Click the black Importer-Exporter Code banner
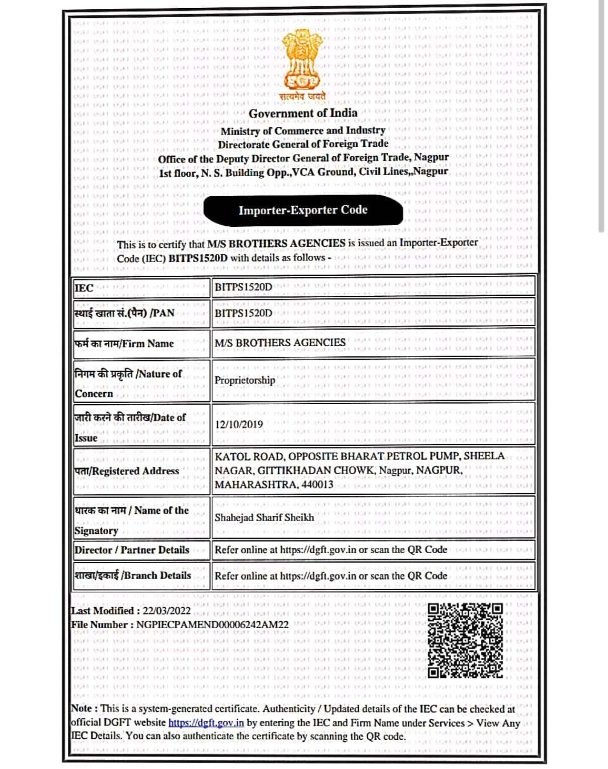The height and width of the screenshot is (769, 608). pos(303,210)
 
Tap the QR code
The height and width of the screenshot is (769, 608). pos(465,641)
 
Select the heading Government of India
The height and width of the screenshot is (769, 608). pos(303,113)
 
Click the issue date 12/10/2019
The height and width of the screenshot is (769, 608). pos(239,425)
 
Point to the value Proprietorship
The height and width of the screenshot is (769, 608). pos(245,380)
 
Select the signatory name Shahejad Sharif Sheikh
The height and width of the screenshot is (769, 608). pos(264,518)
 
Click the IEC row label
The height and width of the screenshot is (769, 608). pos(84,288)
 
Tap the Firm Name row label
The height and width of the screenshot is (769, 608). pos(124,344)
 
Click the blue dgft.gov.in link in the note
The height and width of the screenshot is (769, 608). pos(206,723)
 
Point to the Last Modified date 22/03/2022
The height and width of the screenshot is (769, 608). pos(167,611)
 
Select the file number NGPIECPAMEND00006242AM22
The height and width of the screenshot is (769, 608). pos(212,625)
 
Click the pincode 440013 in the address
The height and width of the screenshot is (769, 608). pos(318,485)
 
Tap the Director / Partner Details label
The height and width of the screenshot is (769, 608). pos(132,550)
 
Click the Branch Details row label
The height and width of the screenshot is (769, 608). pos(133,576)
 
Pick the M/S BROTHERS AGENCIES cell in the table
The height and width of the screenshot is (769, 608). pos(280,343)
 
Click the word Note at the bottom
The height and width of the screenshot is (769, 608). pos(81,709)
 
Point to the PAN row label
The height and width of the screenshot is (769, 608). pos(124,313)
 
